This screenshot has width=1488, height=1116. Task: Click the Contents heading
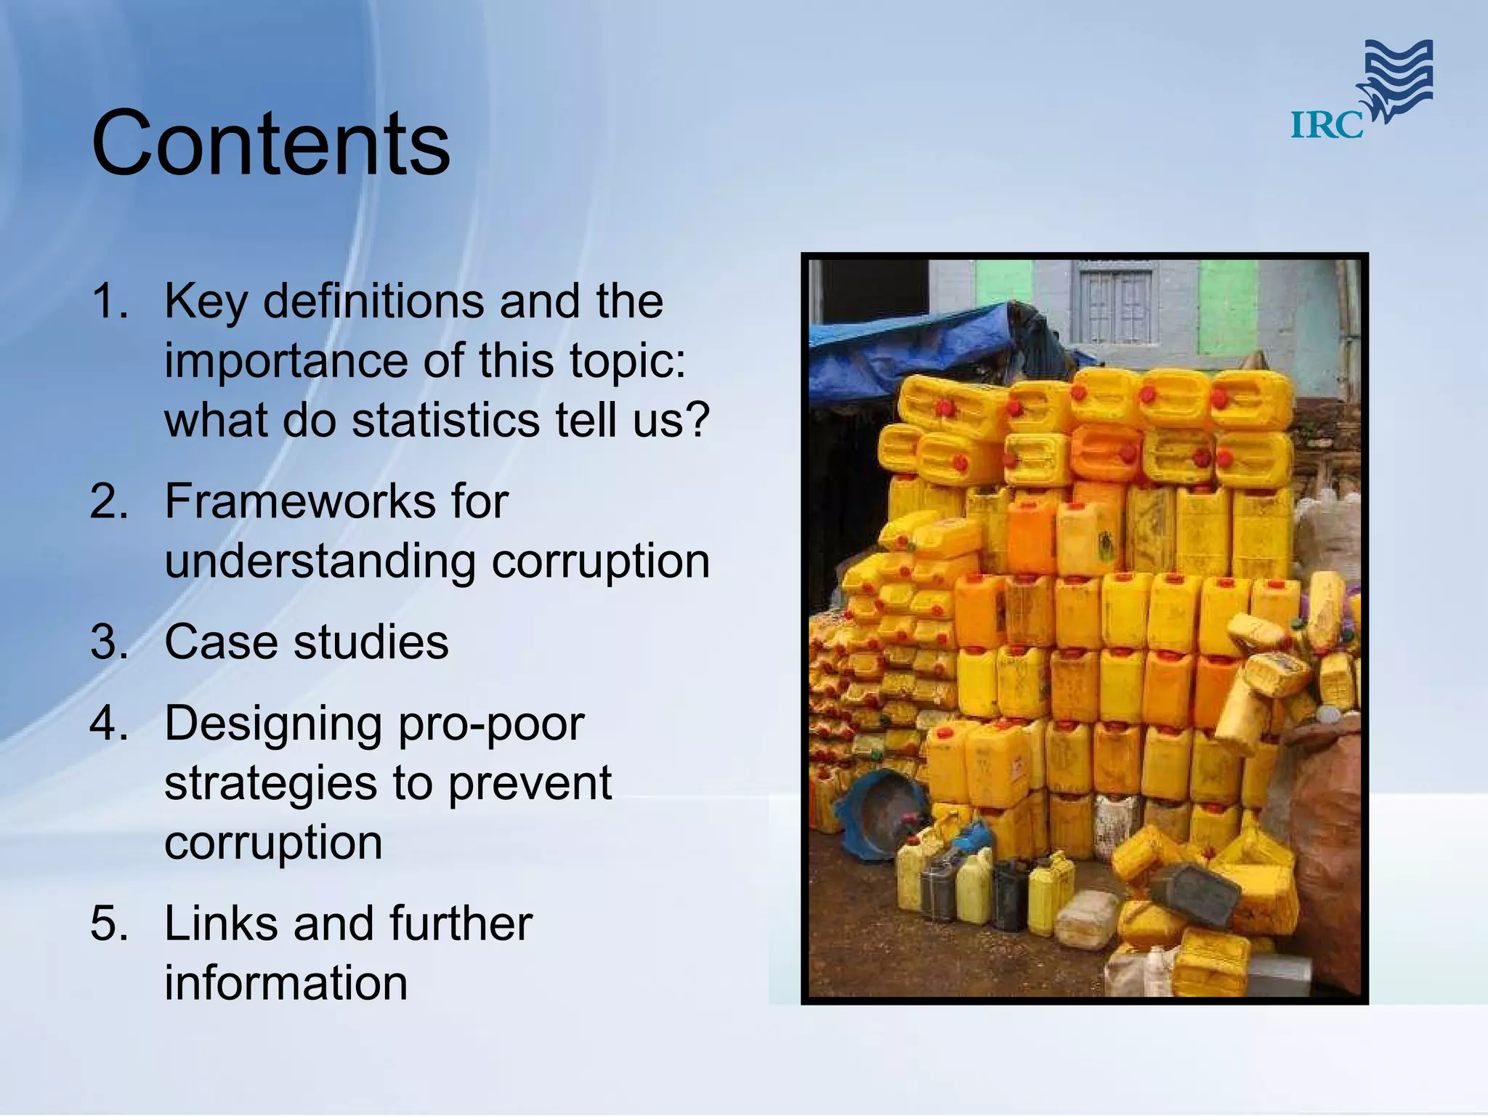tap(270, 143)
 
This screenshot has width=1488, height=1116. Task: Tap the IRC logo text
tap(1326, 125)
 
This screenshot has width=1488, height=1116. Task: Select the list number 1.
tap(109, 301)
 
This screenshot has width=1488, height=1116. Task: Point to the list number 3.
tap(109, 642)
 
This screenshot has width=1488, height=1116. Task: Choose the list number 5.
tap(109, 923)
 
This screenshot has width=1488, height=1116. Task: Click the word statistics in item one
tap(446, 421)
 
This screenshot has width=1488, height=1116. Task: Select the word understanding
tap(320, 562)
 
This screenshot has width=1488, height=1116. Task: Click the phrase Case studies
tap(306, 642)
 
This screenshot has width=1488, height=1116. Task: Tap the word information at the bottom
tap(286, 983)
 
